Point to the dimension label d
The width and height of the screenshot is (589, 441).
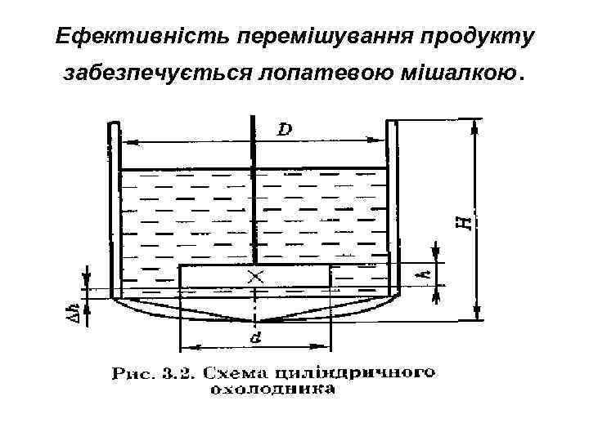pos(257,336)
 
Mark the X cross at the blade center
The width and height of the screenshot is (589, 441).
pos(256,277)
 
